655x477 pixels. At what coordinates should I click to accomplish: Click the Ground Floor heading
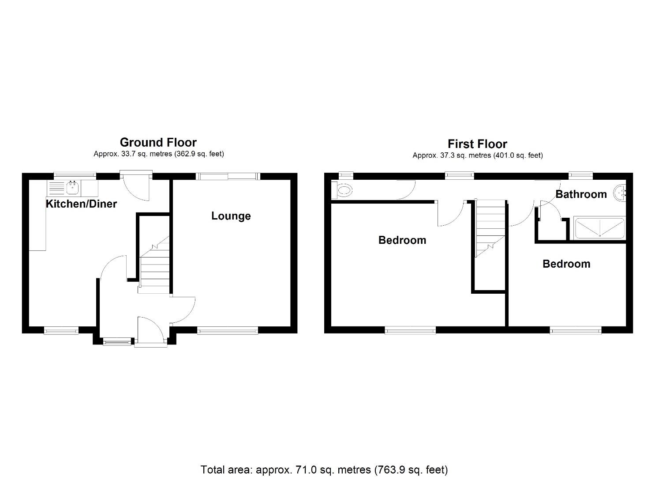click(158, 142)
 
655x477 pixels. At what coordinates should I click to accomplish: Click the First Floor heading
click(477, 144)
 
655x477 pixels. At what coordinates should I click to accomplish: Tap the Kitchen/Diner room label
click(81, 204)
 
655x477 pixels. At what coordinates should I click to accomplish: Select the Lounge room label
click(231, 216)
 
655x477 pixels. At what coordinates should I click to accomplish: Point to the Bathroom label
click(581, 194)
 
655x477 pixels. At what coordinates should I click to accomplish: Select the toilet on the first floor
click(343, 191)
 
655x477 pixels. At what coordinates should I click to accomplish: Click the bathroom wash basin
click(622, 193)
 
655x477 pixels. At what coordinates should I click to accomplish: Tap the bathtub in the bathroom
click(600, 228)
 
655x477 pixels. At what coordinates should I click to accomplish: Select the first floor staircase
click(490, 227)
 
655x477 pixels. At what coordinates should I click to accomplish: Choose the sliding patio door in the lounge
click(228, 176)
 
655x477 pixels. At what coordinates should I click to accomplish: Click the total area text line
click(324, 469)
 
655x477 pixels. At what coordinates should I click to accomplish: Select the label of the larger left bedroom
click(402, 240)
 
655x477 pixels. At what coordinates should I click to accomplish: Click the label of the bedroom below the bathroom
click(566, 264)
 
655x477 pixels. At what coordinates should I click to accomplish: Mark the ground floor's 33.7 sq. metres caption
click(158, 154)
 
